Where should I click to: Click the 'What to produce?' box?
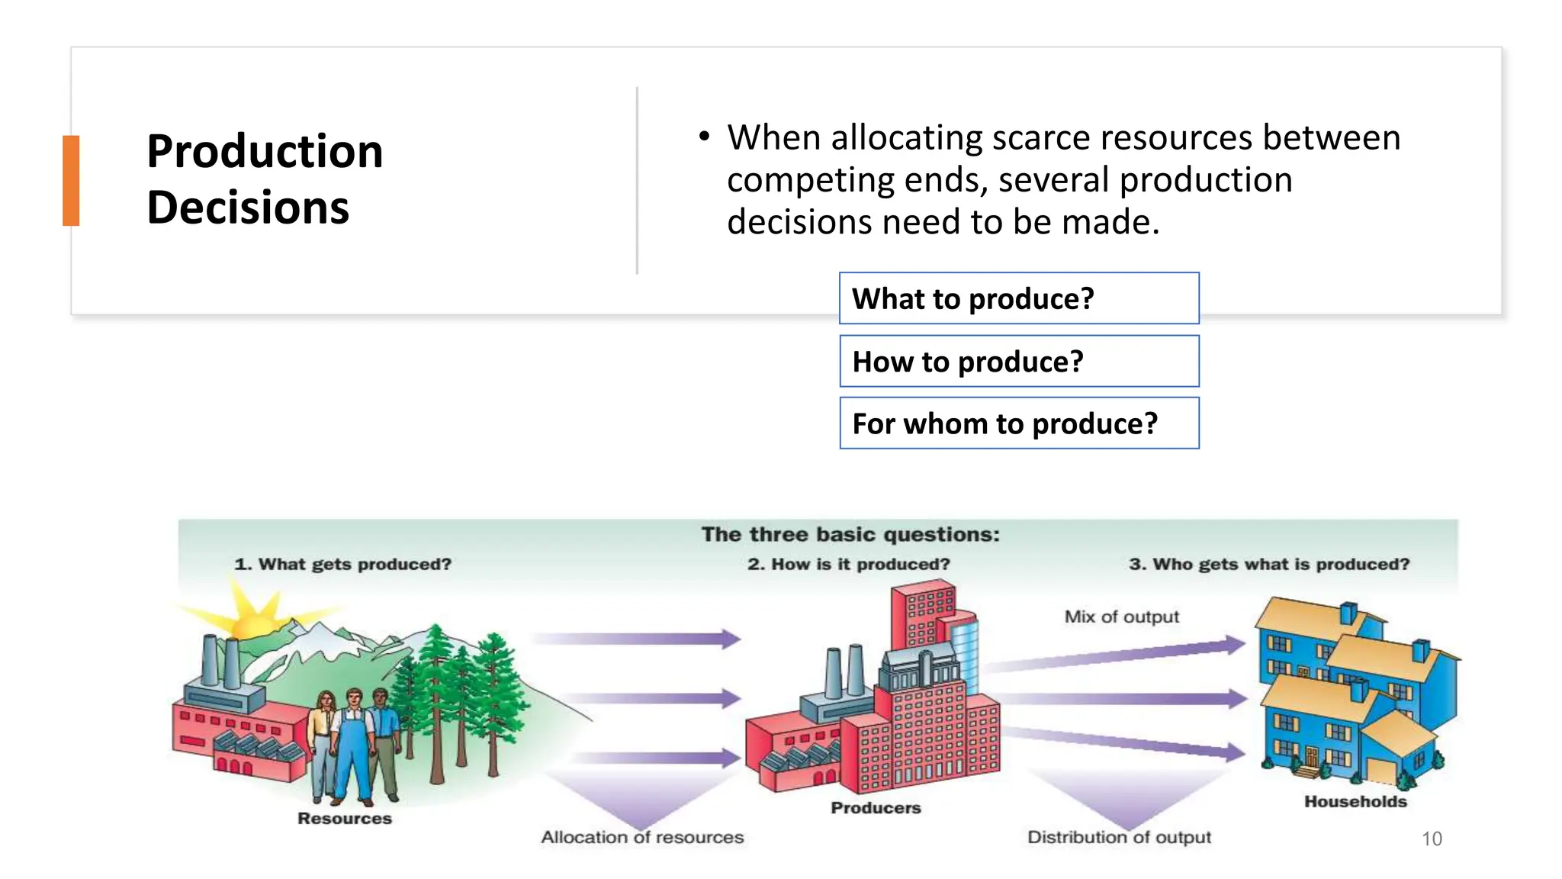tap(1018, 298)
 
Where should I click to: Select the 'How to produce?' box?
tap(1018, 361)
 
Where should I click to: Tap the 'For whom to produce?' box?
tap(1018, 423)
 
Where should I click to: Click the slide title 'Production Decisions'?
tap(265, 179)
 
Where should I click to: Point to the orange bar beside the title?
tap(71, 181)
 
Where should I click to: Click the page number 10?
tap(1431, 839)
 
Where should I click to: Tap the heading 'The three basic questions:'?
tap(850, 534)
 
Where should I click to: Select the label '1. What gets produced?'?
tap(343, 564)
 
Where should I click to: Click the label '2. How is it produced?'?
tap(848, 564)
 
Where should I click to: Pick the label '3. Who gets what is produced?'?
tap(1268, 564)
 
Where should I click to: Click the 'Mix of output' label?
tap(1121, 617)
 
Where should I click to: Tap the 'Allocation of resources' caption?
tap(642, 837)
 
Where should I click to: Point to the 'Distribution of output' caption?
tap(1118, 837)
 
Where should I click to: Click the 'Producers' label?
tap(876, 807)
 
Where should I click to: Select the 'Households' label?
tap(1355, 801)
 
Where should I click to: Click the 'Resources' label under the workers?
tap(344, 818)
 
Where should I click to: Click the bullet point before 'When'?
tap(704, 137)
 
